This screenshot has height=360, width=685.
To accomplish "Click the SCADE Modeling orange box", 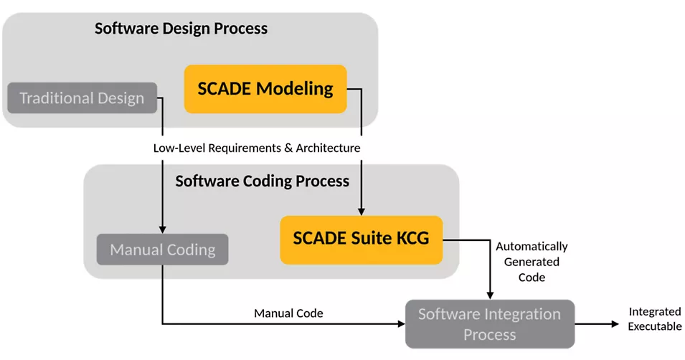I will (x=265, y=89).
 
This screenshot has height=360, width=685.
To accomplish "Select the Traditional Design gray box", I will (x=82, y=98).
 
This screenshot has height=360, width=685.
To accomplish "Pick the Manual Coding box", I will (x=163, y=250).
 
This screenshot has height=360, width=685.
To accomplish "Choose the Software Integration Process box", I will (x=489, y=324).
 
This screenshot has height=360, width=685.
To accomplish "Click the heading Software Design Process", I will (x=181, y=29).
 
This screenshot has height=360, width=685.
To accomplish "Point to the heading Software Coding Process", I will (x=262, y=181).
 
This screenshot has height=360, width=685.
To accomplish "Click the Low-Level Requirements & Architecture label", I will (x=256, y=148).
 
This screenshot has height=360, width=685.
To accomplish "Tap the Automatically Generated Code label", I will (x=532, y=262).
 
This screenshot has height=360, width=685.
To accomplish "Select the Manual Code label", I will (x=288, y=313).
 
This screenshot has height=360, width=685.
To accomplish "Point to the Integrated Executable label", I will (x=655, y=319).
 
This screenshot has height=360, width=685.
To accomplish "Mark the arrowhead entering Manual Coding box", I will (x=163, y=229).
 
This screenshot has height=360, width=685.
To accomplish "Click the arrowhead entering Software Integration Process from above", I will (x=490, y=295).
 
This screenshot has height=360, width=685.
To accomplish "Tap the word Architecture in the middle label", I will (x=327, y=148).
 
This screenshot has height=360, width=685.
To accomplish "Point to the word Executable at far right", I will (x=655, y=326).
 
